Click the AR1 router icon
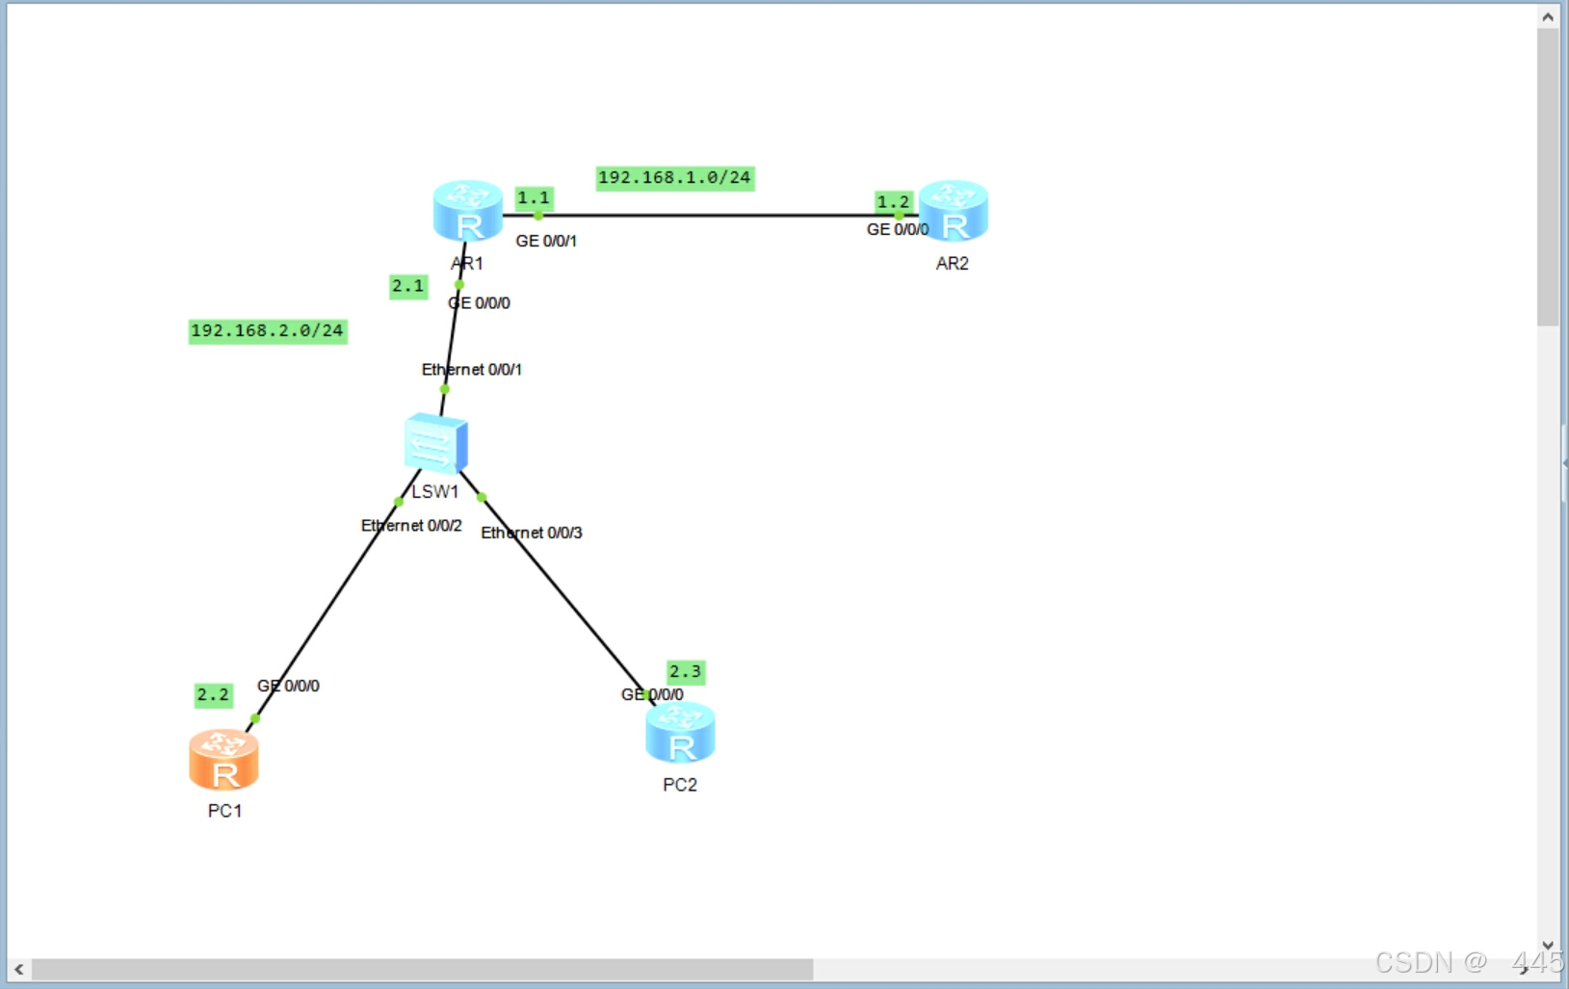pyautogui.click(x=468, y=211)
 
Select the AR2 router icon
pyautogui.click(x=954, y=211)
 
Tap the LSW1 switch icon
pyautogui.click(x=436, y=444)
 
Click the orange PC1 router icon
pyautogui.click(x=223, y=760)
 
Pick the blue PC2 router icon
pyautogui.click(x=680, y=733)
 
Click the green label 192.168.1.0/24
pyautogui.click(x=674, y=178)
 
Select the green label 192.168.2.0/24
pyautogui.click(x=267, y=331)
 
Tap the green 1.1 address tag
pyautogui.click(x=534, y=198)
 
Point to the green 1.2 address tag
pyautogui.click(x=893, y=202)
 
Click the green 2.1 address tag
pyautogui.click(x=407, y=286)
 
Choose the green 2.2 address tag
pyautogui.click(x=213, y=694)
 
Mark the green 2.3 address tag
pyautogui.click(x=685, y=671)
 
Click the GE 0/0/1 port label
pyautogui.click(x=546, y=241)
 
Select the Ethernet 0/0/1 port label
pyautogui.click(x=472, y=370)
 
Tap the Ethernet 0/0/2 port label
pyautogui.click(x=411, y=526)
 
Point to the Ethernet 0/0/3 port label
pyautogui.click(x=532, y=534)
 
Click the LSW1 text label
pyautogui.click(x=435, y=492)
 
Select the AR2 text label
pyautogui.click(x=953, y=264)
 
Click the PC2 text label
pyautogui.click(x=680, y=786)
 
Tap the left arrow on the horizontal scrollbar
pyautogui.click(x=18, y=969)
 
